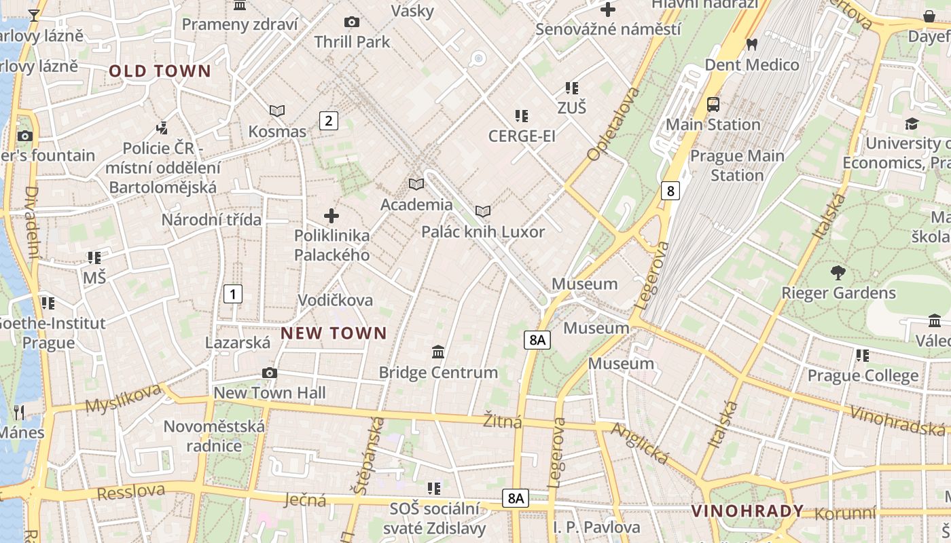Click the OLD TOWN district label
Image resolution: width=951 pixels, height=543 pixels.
click(160, 71)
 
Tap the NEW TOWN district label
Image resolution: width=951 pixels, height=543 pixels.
click(334, 333)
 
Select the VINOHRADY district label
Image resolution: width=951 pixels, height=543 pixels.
click(747, 511)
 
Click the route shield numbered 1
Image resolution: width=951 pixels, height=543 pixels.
click(232, 294)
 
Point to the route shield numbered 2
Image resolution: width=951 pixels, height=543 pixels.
click(329, 121)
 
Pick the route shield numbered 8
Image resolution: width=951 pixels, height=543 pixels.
click(670, 191)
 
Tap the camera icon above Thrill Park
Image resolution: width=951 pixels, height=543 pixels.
click(352, 22)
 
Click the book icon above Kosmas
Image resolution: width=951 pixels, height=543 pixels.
click(277, 111)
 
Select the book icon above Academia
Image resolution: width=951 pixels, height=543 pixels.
click(416, 184)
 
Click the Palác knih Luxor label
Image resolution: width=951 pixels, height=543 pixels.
click(483, 232)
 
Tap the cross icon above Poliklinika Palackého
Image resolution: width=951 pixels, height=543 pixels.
click(331, 216)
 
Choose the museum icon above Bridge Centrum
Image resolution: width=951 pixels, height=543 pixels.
click(438, 352)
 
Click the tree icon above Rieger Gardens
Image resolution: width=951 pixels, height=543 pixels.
click(838, 273)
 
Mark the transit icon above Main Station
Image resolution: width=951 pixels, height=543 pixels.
click(713, 105)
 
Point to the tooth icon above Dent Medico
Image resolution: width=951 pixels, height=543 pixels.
click(751, 45)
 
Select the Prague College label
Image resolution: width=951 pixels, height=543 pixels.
click(863, 375)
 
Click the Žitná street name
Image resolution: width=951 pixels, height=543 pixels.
click(503, 422)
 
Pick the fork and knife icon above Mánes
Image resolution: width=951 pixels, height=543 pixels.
click(19, 412)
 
